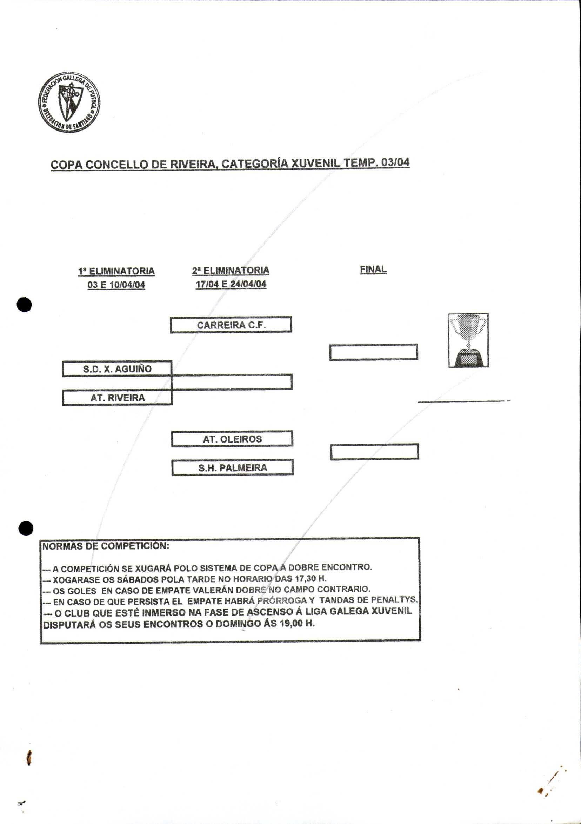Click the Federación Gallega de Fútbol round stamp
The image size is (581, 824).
click(x=69, y=102)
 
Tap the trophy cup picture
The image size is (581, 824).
click(x=468, y=340)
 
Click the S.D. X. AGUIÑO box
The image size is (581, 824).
click(x=117, y=368)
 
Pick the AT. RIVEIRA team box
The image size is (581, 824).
click(x=117, y=398)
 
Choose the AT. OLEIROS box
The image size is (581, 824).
click(x=232, y=439)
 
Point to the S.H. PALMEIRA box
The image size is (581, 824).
click(x=233, y=468)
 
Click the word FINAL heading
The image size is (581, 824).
click(x=373, y=269)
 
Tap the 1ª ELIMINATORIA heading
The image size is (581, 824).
click(x=116, y=271)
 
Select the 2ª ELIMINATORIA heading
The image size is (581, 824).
click(x=231, y=270)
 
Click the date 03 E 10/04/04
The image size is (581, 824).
click(x=116, y=285)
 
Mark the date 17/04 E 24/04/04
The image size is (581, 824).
click(x=231, y=284)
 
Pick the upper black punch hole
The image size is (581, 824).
click(x=25, y=305)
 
